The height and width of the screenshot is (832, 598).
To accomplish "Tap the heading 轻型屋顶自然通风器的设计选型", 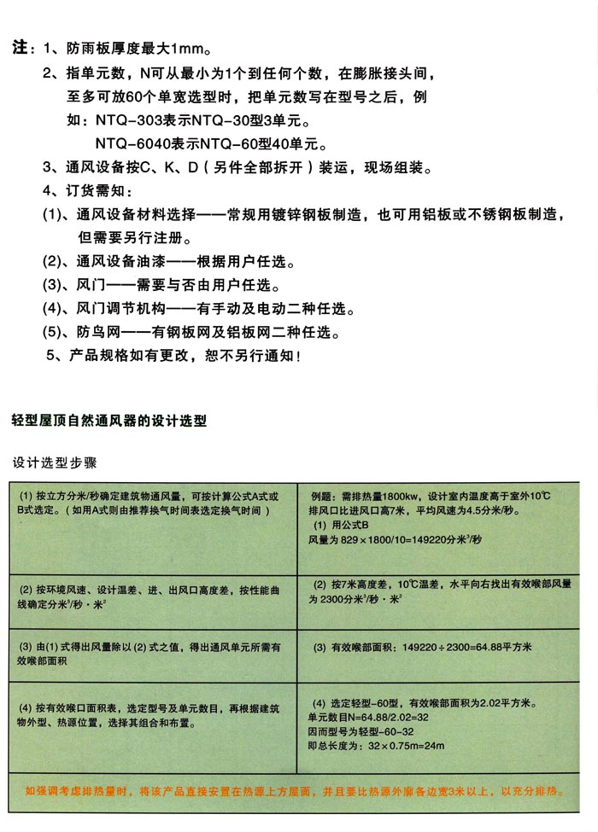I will tap(108, 421).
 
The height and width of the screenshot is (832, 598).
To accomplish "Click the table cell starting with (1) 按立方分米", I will tap(154, 503).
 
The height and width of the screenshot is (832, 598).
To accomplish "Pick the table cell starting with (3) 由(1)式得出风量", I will tap(154, 653).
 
